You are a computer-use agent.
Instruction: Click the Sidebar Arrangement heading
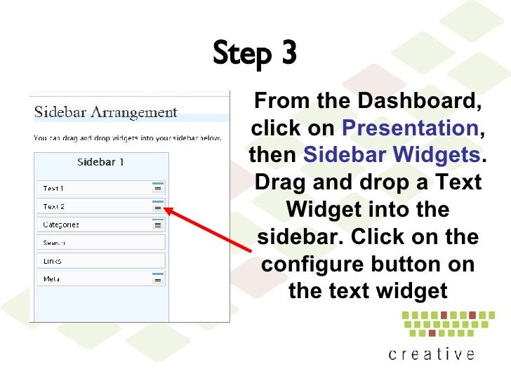[106, 112]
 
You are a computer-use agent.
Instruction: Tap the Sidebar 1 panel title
[100, 162]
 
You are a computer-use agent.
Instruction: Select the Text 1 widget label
[53, 188]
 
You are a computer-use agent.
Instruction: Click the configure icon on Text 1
[158, 188]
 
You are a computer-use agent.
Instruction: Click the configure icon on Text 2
[158, 207]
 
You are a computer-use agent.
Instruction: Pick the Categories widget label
[60, 224]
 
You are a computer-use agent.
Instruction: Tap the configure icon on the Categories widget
[158, 225]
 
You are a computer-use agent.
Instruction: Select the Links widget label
[52, 261]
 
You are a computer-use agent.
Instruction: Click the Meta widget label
[51, 278]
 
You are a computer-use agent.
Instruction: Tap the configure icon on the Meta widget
[158, 279]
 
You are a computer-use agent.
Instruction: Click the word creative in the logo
[432, 354]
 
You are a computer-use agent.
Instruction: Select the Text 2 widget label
[53, 207]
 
